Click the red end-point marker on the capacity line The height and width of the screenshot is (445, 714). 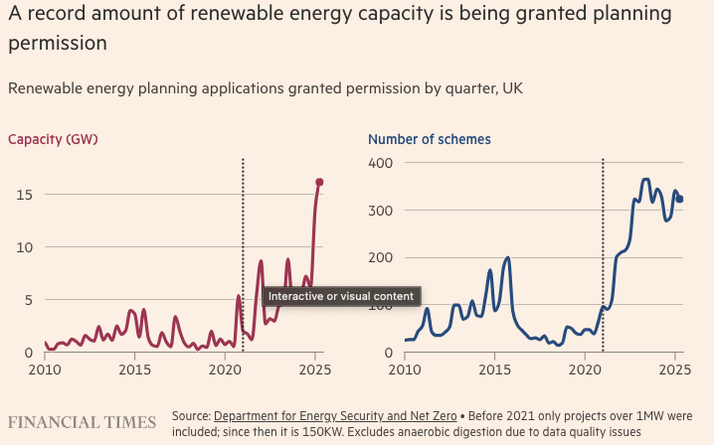click(319, 182)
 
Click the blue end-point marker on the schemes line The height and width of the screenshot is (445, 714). click(680, 199)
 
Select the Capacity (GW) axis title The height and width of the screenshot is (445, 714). click(53, 139)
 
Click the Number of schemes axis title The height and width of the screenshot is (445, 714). click(429, 139)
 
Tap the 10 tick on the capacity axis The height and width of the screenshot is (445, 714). click(24, 246)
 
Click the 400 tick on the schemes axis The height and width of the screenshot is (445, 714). click(382, 163)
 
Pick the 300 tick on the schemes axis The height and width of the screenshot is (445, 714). click(382, 211)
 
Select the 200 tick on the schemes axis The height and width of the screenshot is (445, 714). click(382, 258)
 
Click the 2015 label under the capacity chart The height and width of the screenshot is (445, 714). click(134, 371)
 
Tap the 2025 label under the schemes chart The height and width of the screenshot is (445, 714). click(674, 371)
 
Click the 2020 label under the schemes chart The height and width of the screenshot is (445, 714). click(585, 371)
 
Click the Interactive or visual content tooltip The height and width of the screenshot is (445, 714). click(343, 296)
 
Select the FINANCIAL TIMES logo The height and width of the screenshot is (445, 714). click(83, 422)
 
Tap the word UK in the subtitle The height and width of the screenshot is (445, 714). click(512, 88)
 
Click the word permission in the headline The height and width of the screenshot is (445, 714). click(58, 45)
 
